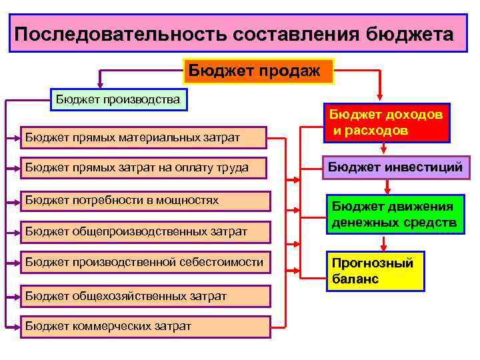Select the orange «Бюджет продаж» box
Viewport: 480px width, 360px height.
[x=257, y=70]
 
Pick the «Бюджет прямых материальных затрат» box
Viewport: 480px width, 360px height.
[x=144, y=138]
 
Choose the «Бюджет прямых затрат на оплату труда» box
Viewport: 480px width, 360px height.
[x=144, y=168]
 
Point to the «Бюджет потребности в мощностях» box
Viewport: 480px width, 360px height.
[x=144, y=200]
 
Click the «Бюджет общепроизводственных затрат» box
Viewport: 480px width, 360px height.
[x=144, y=231]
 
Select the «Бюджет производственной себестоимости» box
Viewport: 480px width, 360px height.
[x=144, y=263]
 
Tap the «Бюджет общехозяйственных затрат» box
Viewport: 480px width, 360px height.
[x=144, y=295]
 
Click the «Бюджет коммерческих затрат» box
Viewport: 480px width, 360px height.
[x=144, y=326]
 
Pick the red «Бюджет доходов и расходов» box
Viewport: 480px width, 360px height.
[x=386, y=123]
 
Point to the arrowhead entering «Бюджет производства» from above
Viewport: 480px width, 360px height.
[x=100, y=84]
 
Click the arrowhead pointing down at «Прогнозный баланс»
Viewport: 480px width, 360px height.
[x=381, y=245]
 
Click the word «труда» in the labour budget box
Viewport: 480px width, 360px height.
[x=234, y=168]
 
